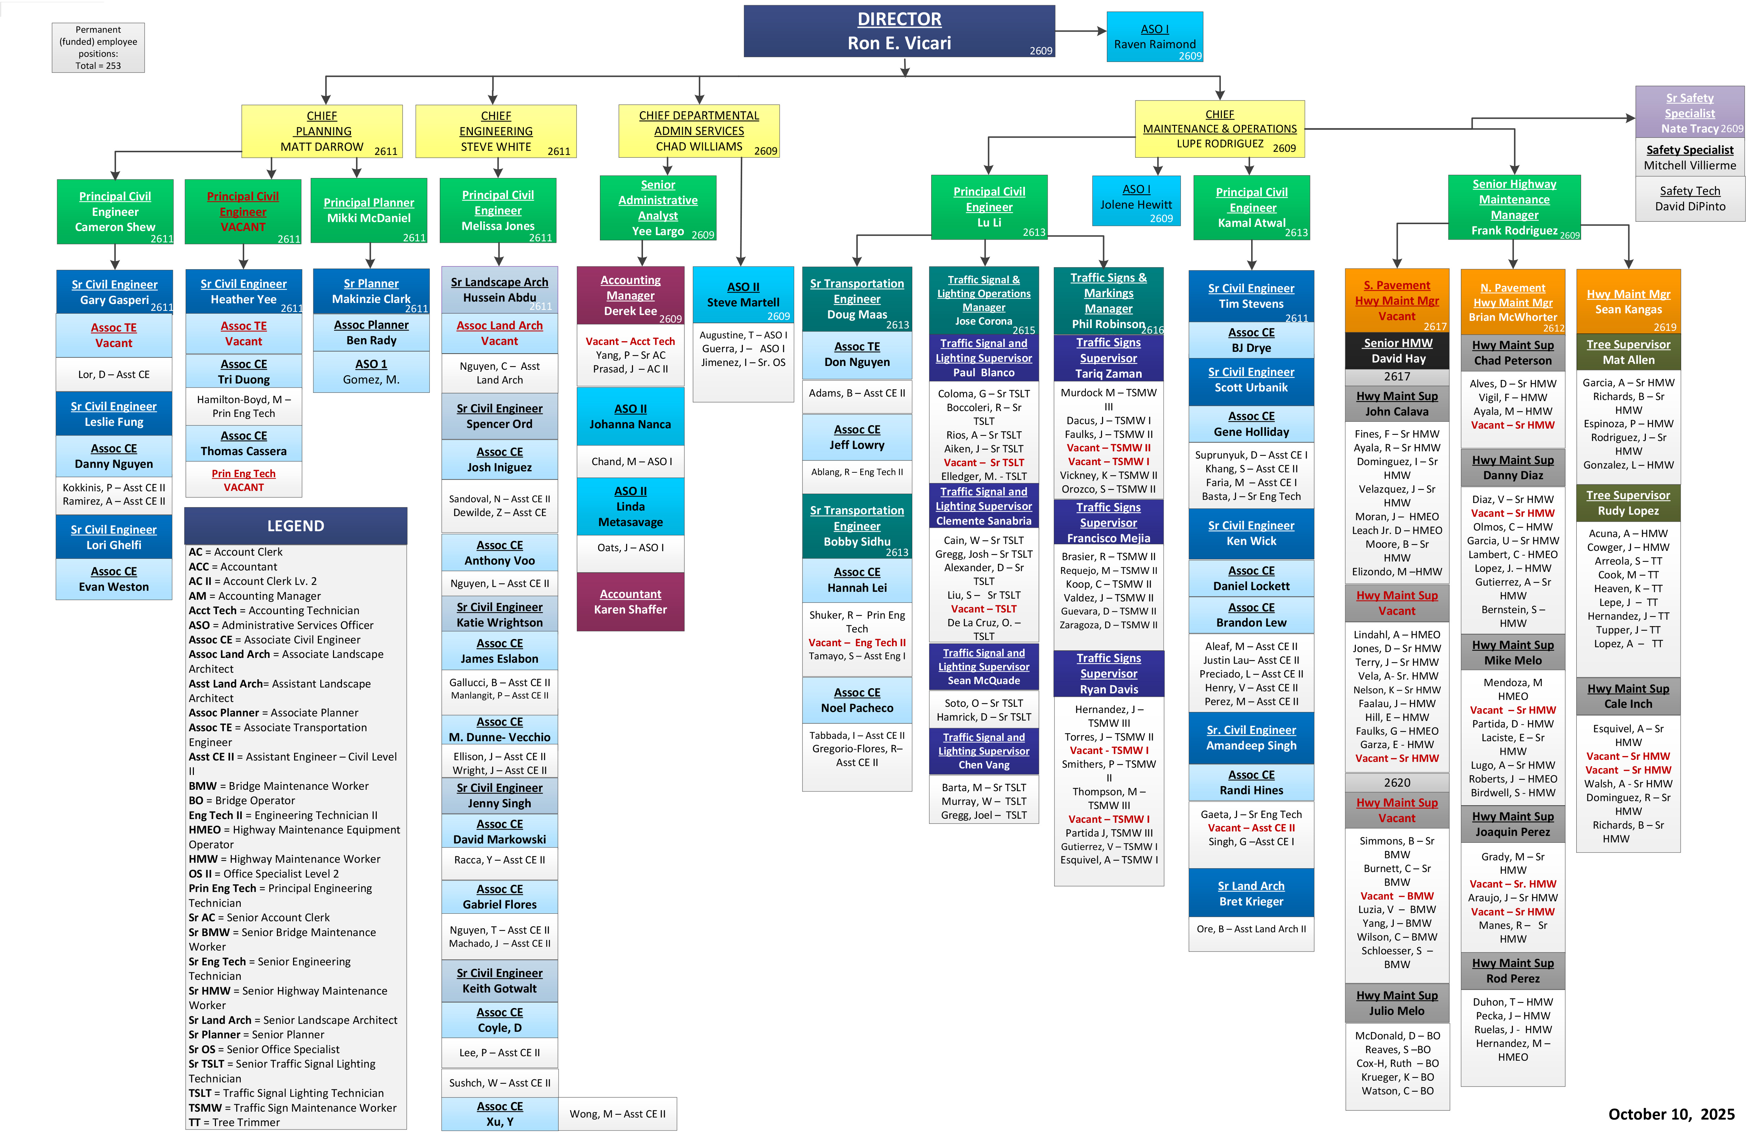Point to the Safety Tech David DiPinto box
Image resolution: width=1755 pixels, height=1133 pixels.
pos(1690,199)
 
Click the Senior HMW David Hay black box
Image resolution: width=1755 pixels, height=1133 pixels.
pos(1396,351)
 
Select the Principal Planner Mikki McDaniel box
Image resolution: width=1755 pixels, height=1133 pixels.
pos(368,210)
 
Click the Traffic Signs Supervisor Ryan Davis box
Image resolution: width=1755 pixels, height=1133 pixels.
pos(1108,673)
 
